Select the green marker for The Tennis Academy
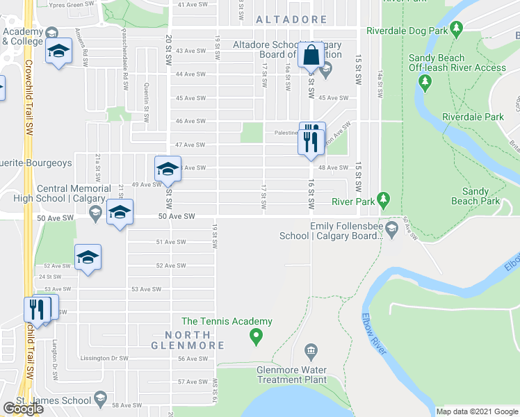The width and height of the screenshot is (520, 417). point(256,338)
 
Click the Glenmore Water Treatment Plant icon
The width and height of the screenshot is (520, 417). point(311,350)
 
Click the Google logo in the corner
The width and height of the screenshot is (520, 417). point(22,409)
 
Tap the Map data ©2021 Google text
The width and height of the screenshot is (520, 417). point(476,411)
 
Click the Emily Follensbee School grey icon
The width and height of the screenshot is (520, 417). point(391,229)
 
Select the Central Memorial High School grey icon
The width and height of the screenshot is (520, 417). point(95,211)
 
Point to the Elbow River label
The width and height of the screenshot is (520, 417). point(373,336)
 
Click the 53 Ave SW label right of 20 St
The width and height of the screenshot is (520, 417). point(146,289)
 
